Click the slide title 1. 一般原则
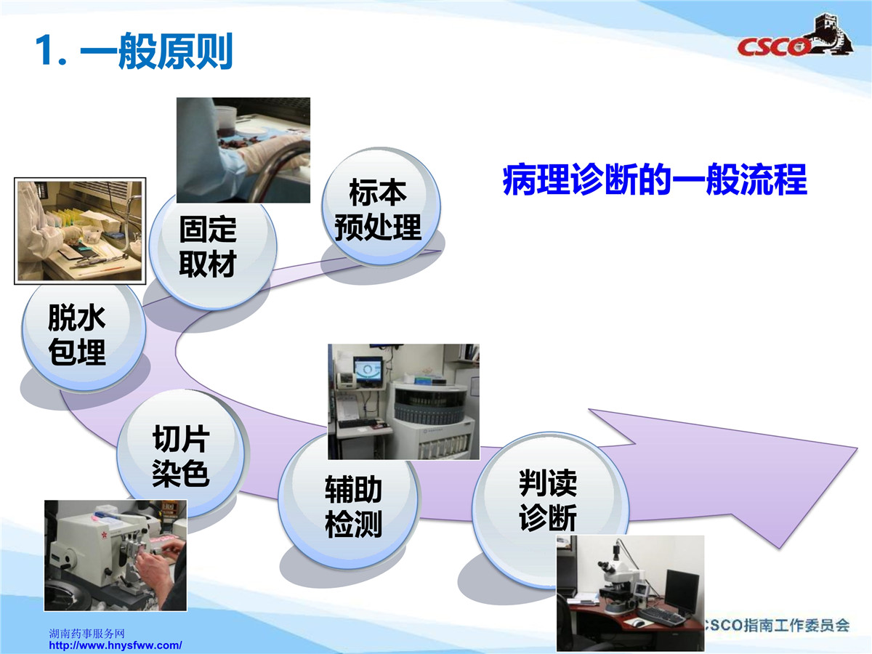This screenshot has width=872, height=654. click(134, 52)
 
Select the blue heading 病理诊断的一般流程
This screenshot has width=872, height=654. click(655, 179)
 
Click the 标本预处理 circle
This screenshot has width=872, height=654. click(381, 206)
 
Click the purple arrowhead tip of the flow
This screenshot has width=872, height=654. click(857, 448)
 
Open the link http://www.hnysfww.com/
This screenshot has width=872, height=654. click(116, 645)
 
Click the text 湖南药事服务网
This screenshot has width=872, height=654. click(87, 633)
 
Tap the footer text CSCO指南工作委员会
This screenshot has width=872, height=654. click(777, 626)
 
